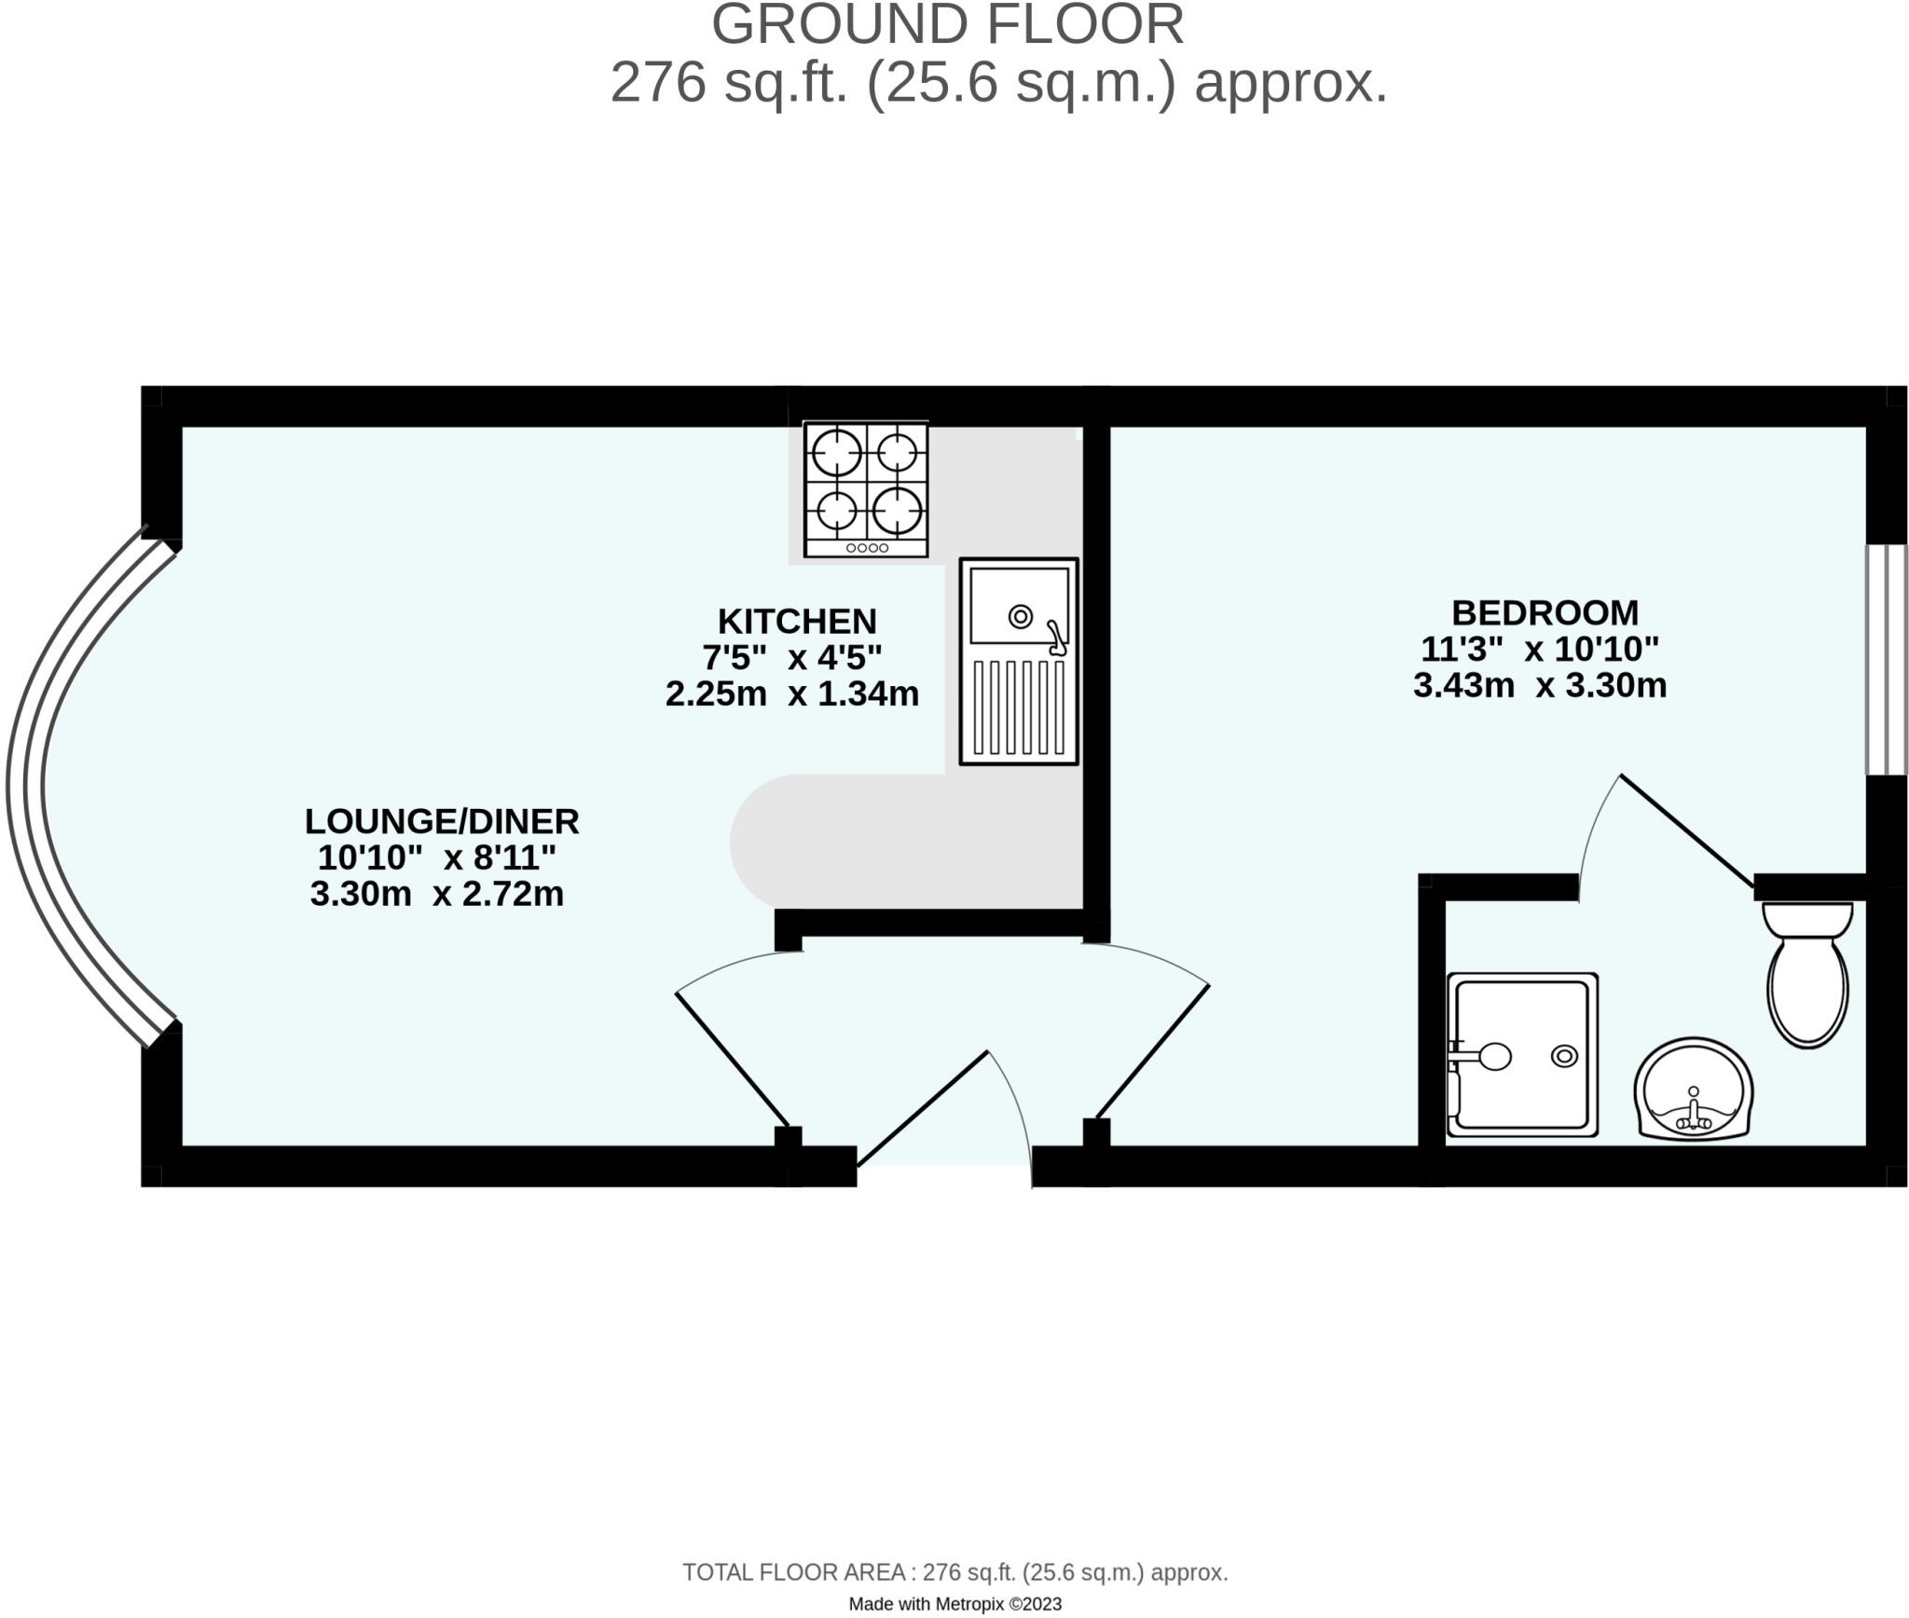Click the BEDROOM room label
[1545, 613]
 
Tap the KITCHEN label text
[797, 622]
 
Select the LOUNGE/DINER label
[442, 822]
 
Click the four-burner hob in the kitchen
[866, 489]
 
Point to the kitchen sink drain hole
[1020, 616]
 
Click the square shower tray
[1521, 1055]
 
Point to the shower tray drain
[1563, 1056]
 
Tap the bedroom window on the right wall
[1886, 660]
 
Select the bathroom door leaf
[1687, 830]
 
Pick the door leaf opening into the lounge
[732, 1061]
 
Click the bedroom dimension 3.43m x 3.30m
[1540, 686]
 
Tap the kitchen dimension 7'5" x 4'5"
[792, 658]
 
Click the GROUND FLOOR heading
[947, 25]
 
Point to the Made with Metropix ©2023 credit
[954, 1603]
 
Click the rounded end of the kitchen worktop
[760, 842]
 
